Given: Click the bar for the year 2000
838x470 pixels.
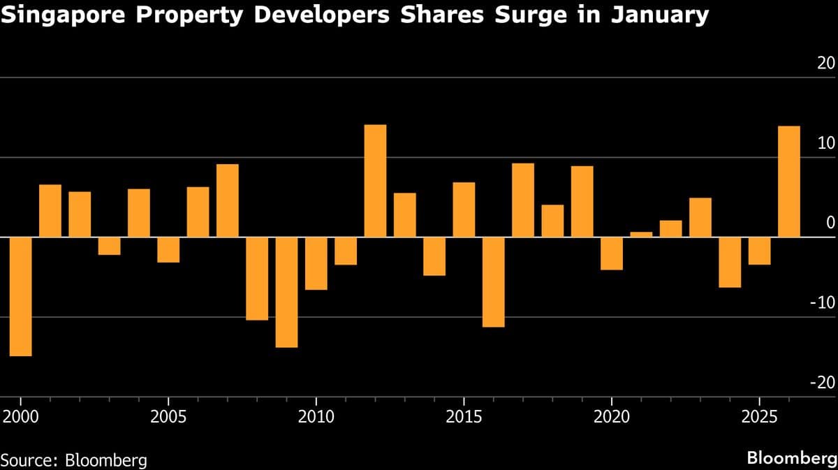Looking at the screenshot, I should click(x=20, y=297).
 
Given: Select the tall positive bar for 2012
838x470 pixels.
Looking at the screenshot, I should click(x=375, y=181).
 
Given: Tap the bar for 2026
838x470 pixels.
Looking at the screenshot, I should click(x=789, y=182).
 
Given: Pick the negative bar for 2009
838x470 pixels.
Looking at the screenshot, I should click(x=286, y=292).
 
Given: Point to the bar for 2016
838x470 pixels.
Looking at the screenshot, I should click(x=493, y=282).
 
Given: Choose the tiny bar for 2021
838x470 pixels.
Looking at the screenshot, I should click(x=641, y=235).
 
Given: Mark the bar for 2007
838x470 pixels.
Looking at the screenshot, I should click(x=227, y=200).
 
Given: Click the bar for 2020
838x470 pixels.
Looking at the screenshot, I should click(x=612, y=254).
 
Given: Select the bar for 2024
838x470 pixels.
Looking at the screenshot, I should click(x=730, y=263).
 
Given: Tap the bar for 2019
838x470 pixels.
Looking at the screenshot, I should click(x=582, y=202).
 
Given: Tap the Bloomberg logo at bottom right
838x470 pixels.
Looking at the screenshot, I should click(x=791, y=458).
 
